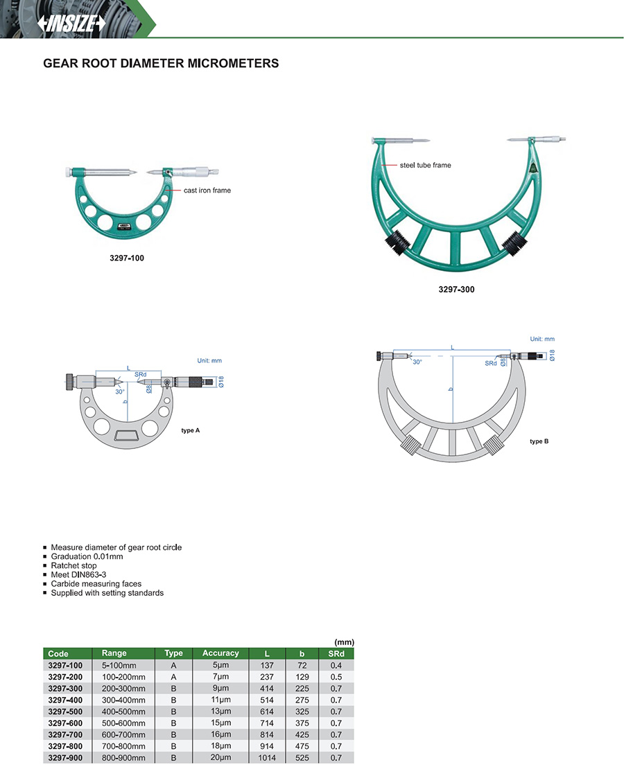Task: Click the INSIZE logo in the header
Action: click(72, 23)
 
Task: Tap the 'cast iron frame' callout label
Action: click(207, 190)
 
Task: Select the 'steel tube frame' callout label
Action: click(426, 166)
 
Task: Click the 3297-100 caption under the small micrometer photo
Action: click(127, 258)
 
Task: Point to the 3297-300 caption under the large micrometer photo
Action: click(456, 290)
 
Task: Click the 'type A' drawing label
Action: click(191, 430)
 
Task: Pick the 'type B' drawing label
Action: click(539, 441)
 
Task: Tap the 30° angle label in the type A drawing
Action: click(120, 391)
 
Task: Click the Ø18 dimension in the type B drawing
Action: click(552, 355)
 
